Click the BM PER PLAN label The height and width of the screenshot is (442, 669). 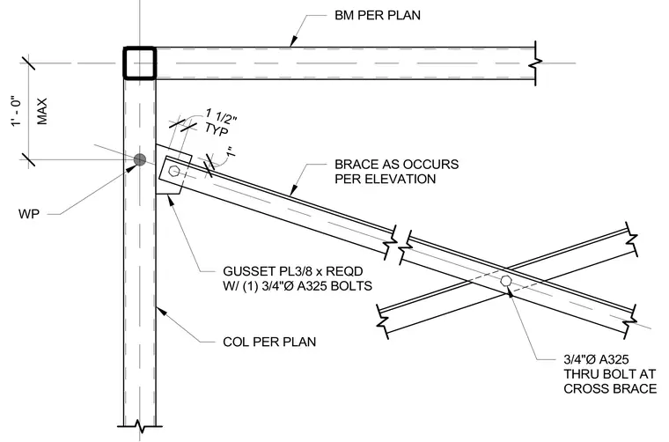pos(377,15)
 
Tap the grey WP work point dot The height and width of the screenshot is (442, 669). pos(139,160)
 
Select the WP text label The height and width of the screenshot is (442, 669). pos(28,214)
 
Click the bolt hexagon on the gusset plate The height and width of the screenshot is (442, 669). pos(173,171)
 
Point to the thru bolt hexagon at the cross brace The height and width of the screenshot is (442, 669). pos(506,281)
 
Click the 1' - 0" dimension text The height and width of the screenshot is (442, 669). pos(16,112)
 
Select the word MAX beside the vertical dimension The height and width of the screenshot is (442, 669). pos(42,112)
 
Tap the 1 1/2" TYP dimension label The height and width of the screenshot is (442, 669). pos(219,122)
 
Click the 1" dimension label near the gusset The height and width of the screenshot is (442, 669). pos(231,152)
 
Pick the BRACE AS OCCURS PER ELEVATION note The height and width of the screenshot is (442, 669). pos(396,172)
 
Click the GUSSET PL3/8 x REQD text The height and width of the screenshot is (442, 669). pos(292,271)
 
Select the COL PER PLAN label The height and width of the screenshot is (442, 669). pos(269,342)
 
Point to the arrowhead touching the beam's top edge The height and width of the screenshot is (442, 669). pos(293,41)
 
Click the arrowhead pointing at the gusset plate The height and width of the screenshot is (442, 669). pos(171,200)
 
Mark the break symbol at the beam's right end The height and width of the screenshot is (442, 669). pos(535,63)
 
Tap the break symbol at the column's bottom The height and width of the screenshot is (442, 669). pos(140,425)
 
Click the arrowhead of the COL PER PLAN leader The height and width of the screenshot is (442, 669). pos(161,311)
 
